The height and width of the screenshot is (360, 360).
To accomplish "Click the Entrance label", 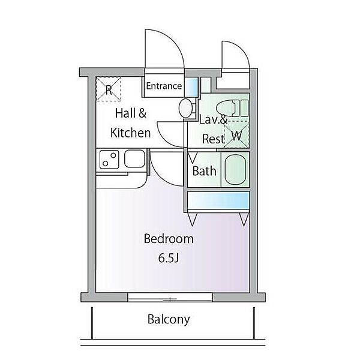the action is point(164,86).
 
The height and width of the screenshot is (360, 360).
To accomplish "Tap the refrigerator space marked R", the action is point(109,89).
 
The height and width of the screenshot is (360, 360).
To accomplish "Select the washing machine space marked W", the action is point(236,134).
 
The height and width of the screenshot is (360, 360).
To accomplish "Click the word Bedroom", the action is point(169,239).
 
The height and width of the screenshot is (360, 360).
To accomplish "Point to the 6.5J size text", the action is point(168,259).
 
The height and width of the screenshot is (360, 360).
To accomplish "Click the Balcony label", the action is point(169,319).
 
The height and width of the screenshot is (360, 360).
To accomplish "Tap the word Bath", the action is point(205,171).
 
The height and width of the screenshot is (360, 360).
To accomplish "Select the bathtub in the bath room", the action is point(235,169).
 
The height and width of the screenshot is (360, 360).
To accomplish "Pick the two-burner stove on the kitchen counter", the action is point(109,160).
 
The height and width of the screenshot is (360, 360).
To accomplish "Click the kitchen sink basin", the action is point(135,158).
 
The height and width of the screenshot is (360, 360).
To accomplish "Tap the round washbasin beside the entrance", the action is point(185,109).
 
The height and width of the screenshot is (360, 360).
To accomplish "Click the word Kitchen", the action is point(130,133).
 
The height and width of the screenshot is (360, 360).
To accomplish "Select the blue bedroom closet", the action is point(218,200).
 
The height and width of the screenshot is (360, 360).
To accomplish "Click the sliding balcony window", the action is point(170,298).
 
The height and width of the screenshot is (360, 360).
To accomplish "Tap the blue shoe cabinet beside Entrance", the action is point(191,87).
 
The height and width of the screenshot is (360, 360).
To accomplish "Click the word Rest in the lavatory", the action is point(213,139).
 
